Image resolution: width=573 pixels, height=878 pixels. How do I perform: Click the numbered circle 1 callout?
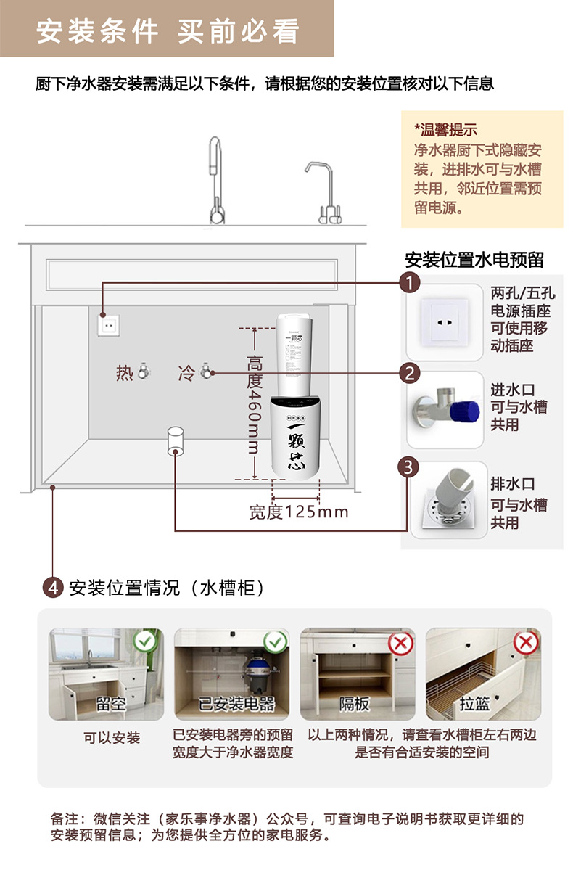point(411,282)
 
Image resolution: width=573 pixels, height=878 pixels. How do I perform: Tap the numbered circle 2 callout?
point(411,374)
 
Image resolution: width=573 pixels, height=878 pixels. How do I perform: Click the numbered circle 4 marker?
point(53,587)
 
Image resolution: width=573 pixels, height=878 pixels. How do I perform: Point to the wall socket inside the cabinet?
point(108,325)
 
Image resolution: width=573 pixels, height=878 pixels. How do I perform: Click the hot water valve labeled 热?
point(144,372)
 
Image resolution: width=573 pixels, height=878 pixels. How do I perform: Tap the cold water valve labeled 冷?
point(205,372)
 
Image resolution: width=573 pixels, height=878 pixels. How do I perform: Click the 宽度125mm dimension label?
point(299,512)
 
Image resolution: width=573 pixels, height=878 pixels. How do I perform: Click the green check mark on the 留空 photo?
point(145,641)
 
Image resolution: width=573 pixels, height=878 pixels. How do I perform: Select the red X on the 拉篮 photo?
point(525,642)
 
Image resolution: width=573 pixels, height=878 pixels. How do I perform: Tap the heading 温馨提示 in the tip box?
point(446,131)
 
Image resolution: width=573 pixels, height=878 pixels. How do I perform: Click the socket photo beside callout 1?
point(444,322)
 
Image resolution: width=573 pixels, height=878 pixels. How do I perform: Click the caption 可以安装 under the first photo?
point(111,738)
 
